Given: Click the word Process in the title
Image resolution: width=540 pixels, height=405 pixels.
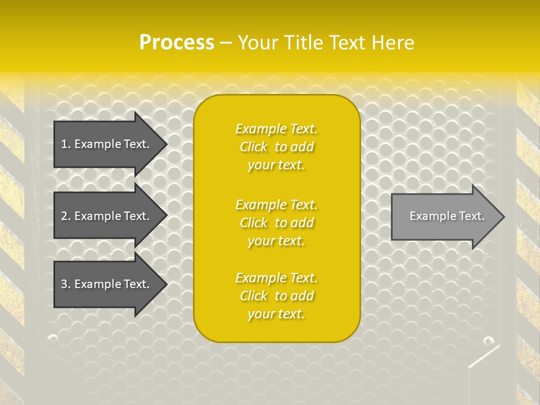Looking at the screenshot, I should (x=177, y=43).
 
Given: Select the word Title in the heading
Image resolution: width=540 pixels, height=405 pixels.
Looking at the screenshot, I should (x=303, y=43).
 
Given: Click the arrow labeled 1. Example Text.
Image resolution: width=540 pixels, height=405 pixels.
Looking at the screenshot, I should (x=107, y=144).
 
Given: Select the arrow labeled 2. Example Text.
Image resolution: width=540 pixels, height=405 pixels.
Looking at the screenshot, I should (x=107, y=216).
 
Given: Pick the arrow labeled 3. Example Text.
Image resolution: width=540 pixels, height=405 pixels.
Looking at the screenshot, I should (x=107, y=284).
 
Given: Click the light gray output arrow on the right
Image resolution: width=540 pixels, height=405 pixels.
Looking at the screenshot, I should (x=444, y=217).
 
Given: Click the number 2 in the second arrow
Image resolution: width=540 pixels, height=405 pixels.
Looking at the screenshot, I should (x=64, y=216).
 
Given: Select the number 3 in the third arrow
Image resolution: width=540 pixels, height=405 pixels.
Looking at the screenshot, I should (x=64, y=284).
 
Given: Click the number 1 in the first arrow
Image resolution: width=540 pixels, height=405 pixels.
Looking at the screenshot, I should (x=64, y=144).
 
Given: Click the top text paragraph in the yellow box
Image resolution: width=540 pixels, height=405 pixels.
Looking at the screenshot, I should (x=276, y=147).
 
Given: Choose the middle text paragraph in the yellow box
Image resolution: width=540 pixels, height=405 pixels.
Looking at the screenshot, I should (x=276, y=223).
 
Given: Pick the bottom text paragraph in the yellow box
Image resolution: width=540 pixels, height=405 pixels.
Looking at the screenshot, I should (x=276, y=296).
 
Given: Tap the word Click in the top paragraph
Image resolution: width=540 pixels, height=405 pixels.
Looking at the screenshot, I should (x=254, y=147).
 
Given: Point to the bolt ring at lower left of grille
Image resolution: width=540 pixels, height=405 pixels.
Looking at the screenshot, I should (x=52, y=338).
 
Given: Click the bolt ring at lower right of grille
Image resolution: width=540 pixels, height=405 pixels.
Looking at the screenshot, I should (x=488, y=340).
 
